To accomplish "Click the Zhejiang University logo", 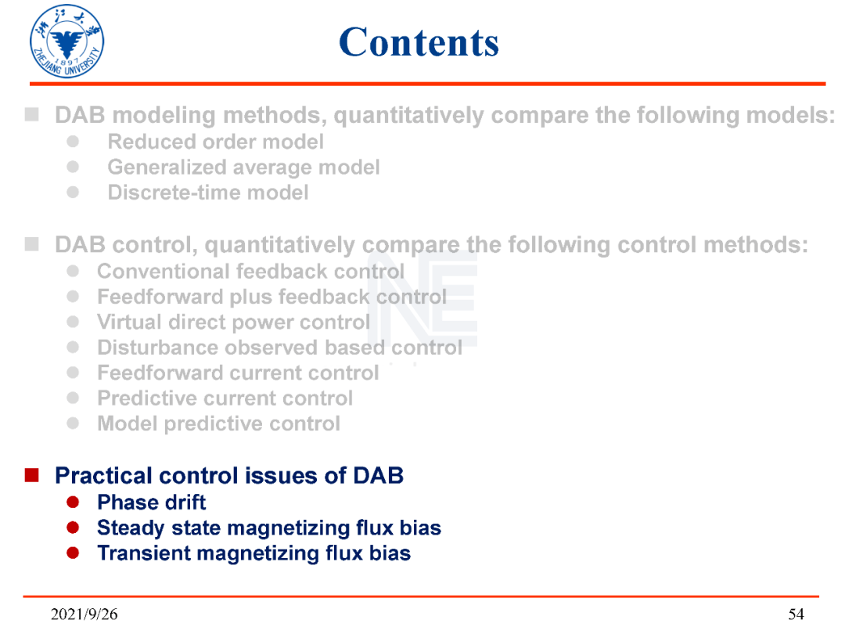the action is [67, 41].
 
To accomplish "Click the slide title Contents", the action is [419, 42].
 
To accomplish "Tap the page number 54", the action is [796, 614].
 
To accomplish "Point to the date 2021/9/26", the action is [84, 614].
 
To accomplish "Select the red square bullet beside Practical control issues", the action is [32, 475].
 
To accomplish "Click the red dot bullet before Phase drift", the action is [73, 503].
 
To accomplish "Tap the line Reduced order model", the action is [216, 142].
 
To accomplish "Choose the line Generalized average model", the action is [243, 168].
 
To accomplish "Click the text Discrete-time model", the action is [208, 193].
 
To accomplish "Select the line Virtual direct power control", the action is [233, 322].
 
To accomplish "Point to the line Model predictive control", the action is [219, 423].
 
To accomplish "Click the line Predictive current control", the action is [225, 398].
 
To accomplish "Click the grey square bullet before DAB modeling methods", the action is [32, 114].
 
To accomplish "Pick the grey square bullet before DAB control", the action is [32, 244].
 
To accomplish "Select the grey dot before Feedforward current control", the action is [73, 373].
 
